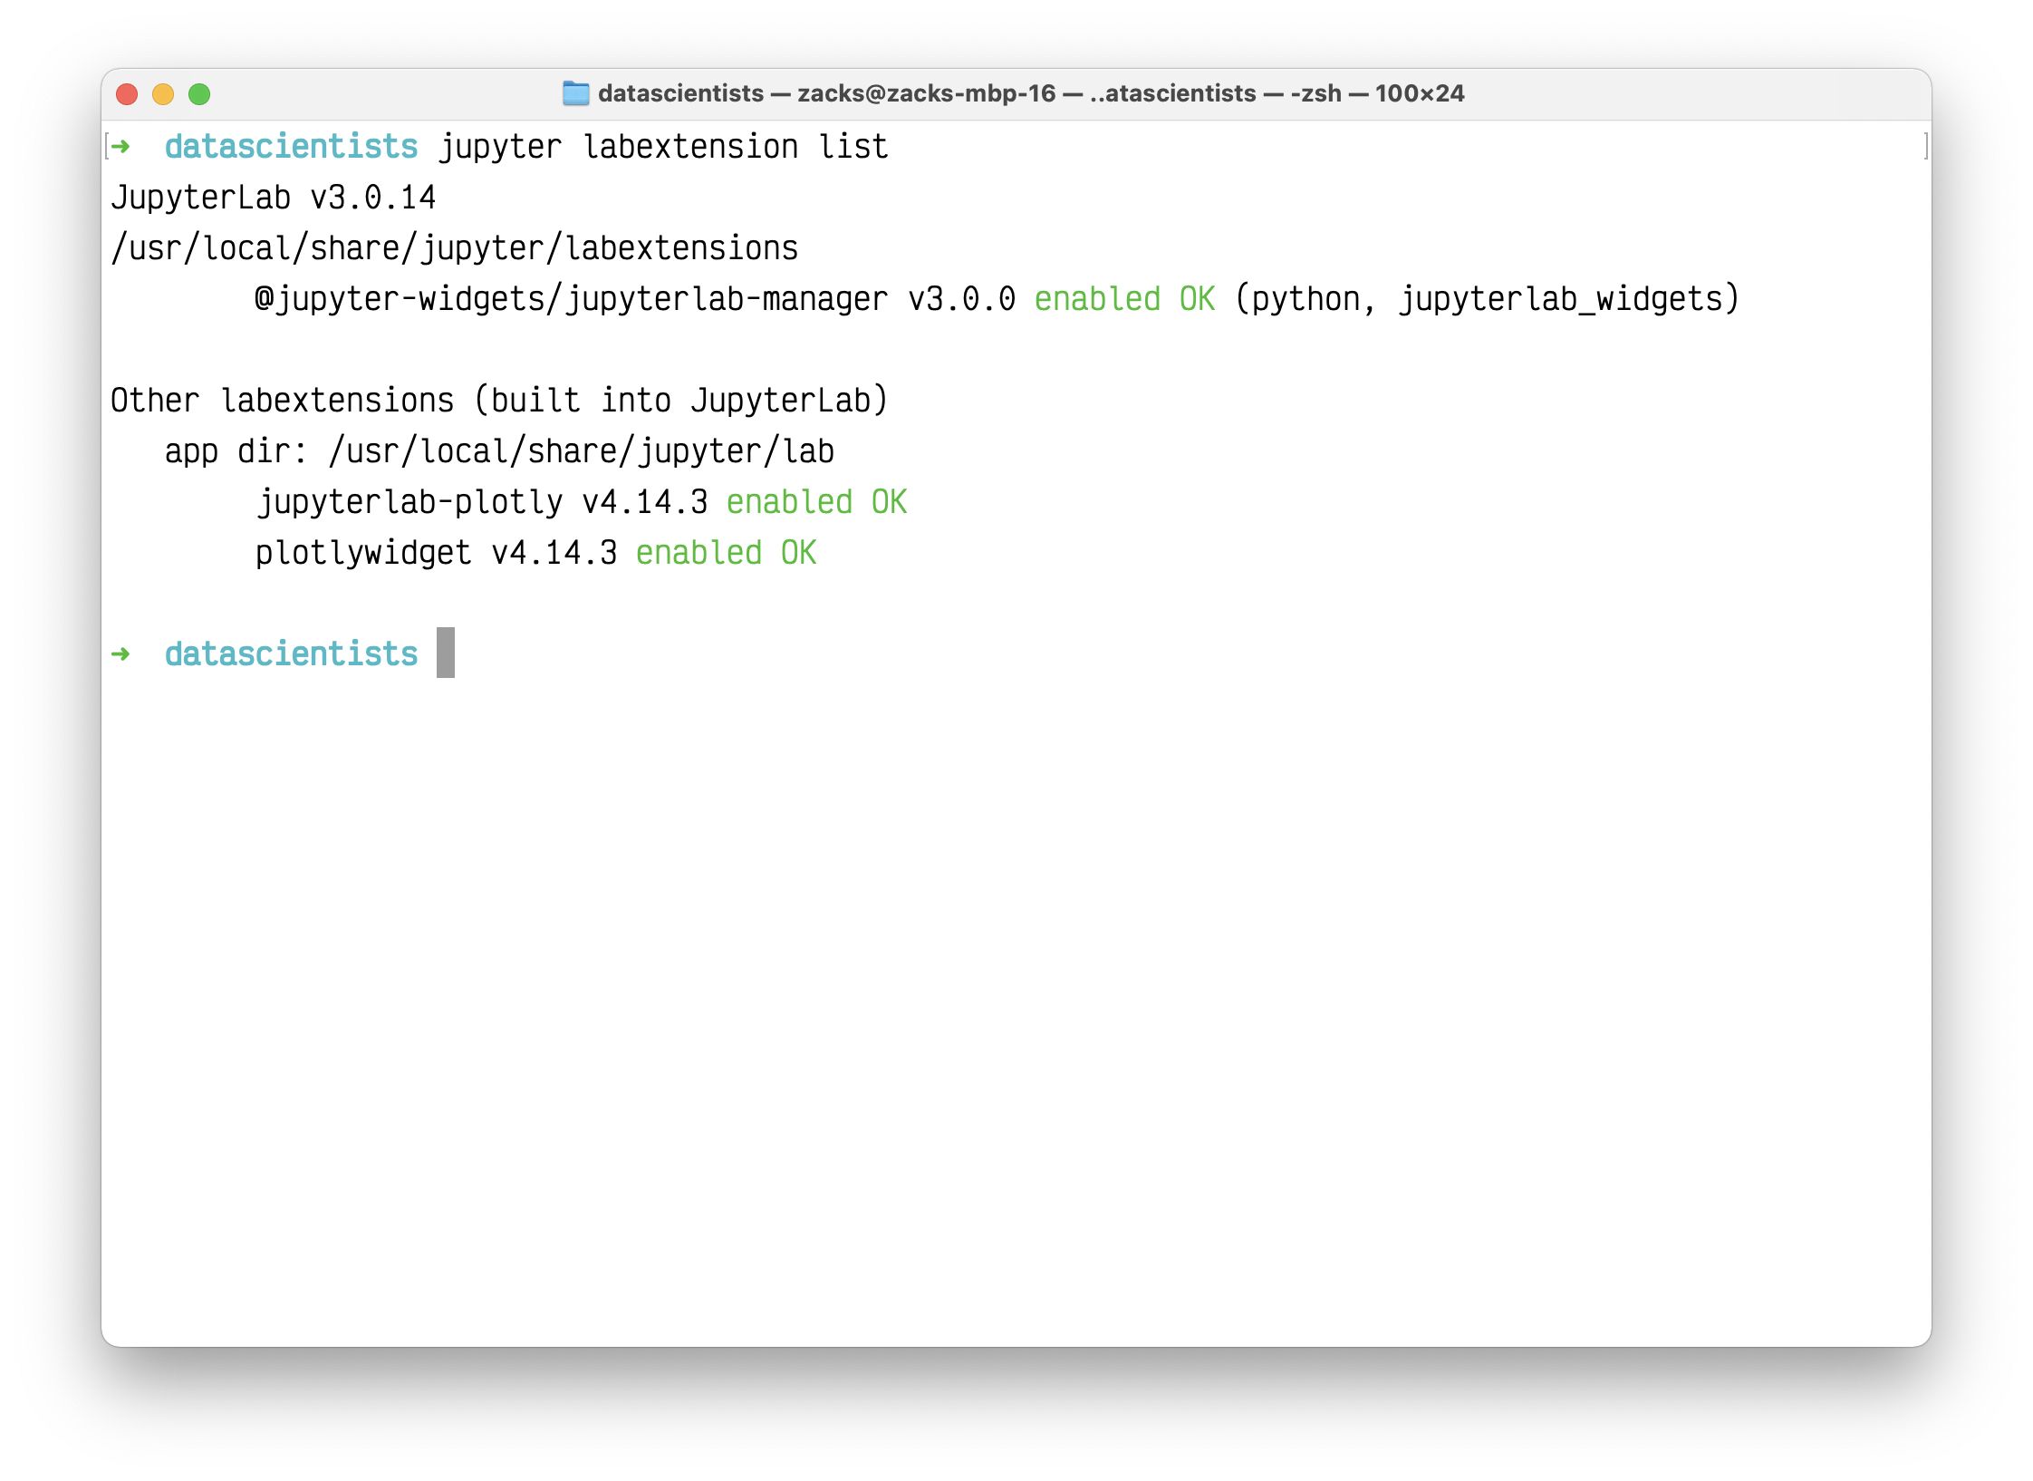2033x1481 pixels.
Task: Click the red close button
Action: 127,94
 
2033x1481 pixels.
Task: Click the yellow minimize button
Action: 163,94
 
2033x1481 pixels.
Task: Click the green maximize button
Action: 199,94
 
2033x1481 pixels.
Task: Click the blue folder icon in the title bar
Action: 576,93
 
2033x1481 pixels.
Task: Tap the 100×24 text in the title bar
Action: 1420,93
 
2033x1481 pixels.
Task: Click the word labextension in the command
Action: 690,147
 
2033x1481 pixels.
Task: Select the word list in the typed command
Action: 853,147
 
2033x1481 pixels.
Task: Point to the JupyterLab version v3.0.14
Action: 373,198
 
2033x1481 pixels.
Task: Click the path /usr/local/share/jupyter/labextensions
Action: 455,248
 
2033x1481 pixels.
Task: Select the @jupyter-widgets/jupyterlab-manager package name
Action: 572,299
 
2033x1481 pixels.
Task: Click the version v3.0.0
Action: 962,299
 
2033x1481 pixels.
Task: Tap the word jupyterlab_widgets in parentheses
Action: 1560,299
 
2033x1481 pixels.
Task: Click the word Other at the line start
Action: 155,401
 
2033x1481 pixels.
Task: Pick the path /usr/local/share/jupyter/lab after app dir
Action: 582,451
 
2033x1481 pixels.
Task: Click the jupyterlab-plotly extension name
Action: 409,502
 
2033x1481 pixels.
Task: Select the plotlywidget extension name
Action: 363,553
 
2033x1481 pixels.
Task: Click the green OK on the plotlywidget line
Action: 799,553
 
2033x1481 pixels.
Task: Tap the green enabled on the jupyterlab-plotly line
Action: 790,502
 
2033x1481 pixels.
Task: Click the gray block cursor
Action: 446,653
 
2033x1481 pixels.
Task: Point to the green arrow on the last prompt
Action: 120,653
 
